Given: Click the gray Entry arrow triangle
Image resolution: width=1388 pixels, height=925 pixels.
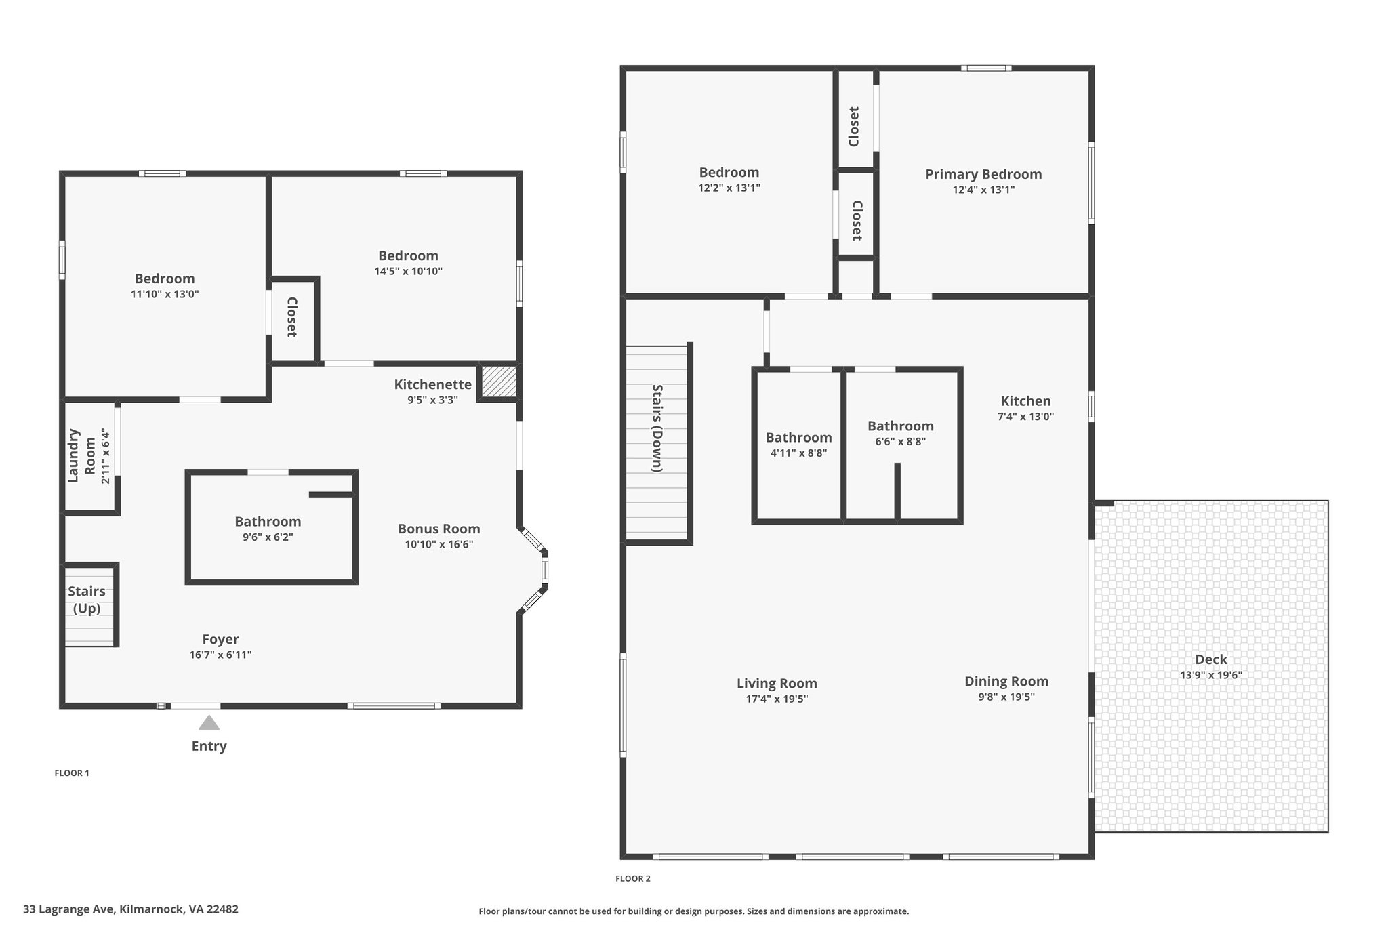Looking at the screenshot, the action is click(209, 722).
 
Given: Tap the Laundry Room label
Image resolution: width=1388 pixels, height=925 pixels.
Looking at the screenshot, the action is click(81, 455).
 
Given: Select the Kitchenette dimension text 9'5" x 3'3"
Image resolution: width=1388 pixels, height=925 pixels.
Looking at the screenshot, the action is click(432, 400).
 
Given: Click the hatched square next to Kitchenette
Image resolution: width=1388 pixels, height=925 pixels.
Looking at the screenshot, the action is click(499, 382).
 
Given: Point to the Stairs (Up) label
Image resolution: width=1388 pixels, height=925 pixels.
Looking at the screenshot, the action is click(87, 600).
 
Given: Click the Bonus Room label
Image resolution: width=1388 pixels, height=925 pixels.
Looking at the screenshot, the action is click(439, 529).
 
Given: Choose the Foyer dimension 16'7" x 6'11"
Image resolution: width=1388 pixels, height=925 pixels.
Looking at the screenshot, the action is click(220, 655).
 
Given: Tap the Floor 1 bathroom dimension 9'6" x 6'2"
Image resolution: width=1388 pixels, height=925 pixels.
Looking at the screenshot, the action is click(268, 537).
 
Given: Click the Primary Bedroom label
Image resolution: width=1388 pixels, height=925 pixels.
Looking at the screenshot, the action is click(983, 174).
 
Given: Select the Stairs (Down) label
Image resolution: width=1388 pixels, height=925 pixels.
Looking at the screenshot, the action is click(657, 428).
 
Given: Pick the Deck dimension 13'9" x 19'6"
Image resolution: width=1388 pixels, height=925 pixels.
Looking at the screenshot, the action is click(1211, 675).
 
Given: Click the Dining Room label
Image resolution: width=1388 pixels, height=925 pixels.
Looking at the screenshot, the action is click(1006, 682).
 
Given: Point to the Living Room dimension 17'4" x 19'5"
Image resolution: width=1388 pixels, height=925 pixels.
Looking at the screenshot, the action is click(777, 699).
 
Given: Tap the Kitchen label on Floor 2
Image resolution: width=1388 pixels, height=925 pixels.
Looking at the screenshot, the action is click(1025, 401).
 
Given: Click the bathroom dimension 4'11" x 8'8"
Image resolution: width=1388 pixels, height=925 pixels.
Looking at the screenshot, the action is click(798, 453).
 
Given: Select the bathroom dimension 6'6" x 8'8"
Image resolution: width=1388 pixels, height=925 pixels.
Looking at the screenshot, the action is click(901, 442).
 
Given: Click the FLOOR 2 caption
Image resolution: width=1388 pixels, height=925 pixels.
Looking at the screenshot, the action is click(632, 879).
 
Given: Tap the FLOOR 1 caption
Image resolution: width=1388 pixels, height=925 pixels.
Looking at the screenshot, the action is click(72, 773).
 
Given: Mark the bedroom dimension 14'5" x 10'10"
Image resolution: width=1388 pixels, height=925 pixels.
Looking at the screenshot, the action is click(409, 272).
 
